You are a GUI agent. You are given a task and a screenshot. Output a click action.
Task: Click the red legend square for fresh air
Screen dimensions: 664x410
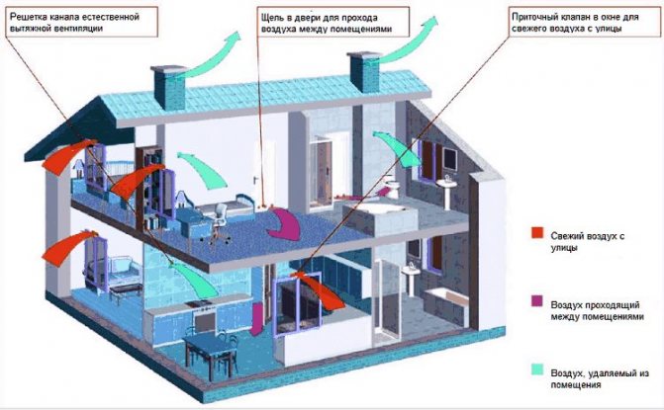(x=537, y=233)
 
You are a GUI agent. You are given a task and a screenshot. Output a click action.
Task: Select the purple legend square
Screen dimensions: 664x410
(x=537, y=301)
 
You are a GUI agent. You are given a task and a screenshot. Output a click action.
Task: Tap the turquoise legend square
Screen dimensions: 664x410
(x=537, y=369)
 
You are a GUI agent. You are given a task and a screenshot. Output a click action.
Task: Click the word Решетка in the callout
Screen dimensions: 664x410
(x=26, y=18)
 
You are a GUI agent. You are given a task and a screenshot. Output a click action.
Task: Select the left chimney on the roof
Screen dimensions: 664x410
(x=169, y=87)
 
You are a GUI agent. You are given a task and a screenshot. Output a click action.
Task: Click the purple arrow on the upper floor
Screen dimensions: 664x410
(x=285, y=225)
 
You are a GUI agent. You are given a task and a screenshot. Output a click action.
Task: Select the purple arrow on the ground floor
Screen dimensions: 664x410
(x=257, y=319)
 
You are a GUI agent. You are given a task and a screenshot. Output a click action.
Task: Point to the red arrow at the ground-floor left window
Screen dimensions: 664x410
(x=67, y=248)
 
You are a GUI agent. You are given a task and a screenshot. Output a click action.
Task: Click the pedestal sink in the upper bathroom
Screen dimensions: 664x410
(x=447, y=193)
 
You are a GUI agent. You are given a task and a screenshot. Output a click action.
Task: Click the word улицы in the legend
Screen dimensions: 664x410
(x=564, y=248)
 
